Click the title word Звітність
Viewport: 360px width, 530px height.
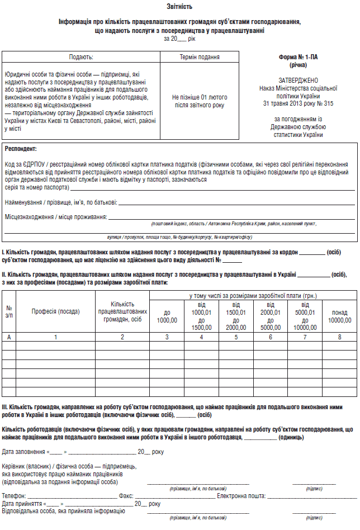[x=179, y=7]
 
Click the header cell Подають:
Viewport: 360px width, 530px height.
[x=81, y=57]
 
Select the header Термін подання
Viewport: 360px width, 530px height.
[x=200, y=57]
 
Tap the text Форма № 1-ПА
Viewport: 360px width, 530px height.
[x=299, y=58]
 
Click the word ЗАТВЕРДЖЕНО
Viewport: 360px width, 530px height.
[x=299, y=81]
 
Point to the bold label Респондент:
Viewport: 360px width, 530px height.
[x=20, y=149]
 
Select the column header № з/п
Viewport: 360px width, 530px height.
[x=9, y=311]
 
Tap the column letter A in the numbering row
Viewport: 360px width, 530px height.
[x=9, y=337]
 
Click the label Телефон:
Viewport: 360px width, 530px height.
[x=13, y=495]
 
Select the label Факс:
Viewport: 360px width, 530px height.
[x=126, y=495]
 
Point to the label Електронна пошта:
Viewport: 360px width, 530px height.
[x=241, y=495]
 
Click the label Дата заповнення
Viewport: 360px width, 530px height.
[x=23, y=452]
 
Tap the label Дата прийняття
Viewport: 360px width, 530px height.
[x=22, y=503]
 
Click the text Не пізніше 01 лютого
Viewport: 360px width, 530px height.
[x=200, y=97]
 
